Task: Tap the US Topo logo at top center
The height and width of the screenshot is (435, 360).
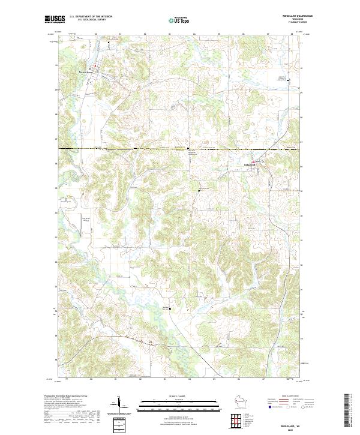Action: tap(179, 20)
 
